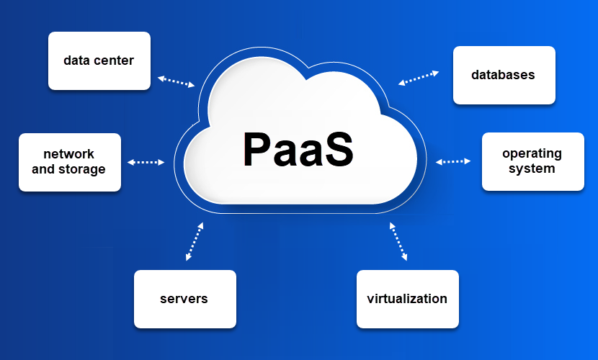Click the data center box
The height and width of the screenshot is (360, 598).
[99, 61]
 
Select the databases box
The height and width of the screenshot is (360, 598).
[504, 75]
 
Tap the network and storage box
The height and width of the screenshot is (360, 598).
[70, 162]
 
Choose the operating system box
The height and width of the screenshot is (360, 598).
[533, 161]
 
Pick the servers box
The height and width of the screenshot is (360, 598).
[185, 299]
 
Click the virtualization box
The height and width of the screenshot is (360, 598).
[408, 299]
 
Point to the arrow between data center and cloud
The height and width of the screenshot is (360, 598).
[177, 81]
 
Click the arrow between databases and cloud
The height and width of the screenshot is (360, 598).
[419, 78]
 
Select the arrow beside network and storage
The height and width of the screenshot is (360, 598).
[146, 162]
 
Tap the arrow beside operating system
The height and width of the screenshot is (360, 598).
[453, 161]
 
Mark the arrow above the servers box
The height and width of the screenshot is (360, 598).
[195, 241]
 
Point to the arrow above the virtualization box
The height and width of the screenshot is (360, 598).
[398, 241]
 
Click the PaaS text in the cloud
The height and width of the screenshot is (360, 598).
[298, 149]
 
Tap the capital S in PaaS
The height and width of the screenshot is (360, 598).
[337, 149]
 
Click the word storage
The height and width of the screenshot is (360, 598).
[82, 169]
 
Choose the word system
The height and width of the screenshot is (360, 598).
[532, 168]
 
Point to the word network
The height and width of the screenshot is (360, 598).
[68, 154]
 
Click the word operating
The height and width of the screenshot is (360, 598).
[532, 154]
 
